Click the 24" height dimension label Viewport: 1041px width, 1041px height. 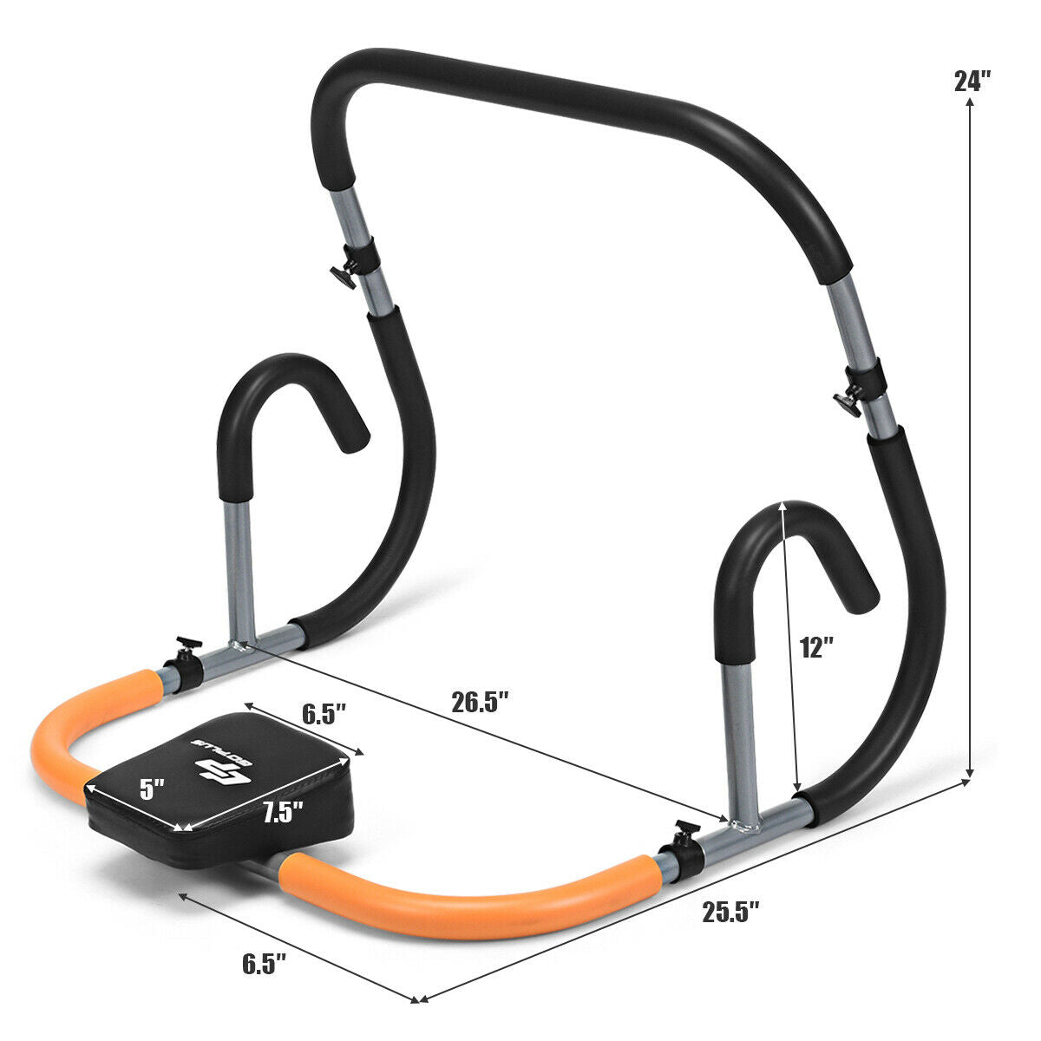972,82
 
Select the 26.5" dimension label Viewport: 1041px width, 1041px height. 480,701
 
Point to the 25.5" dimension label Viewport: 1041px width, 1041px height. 730,911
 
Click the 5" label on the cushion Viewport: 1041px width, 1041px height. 153,789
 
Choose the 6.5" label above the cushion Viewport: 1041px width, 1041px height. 324,714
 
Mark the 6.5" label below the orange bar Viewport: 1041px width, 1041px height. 264,964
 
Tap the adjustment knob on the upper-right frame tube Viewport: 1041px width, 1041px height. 847,402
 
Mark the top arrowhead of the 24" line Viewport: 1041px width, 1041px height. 970,102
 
